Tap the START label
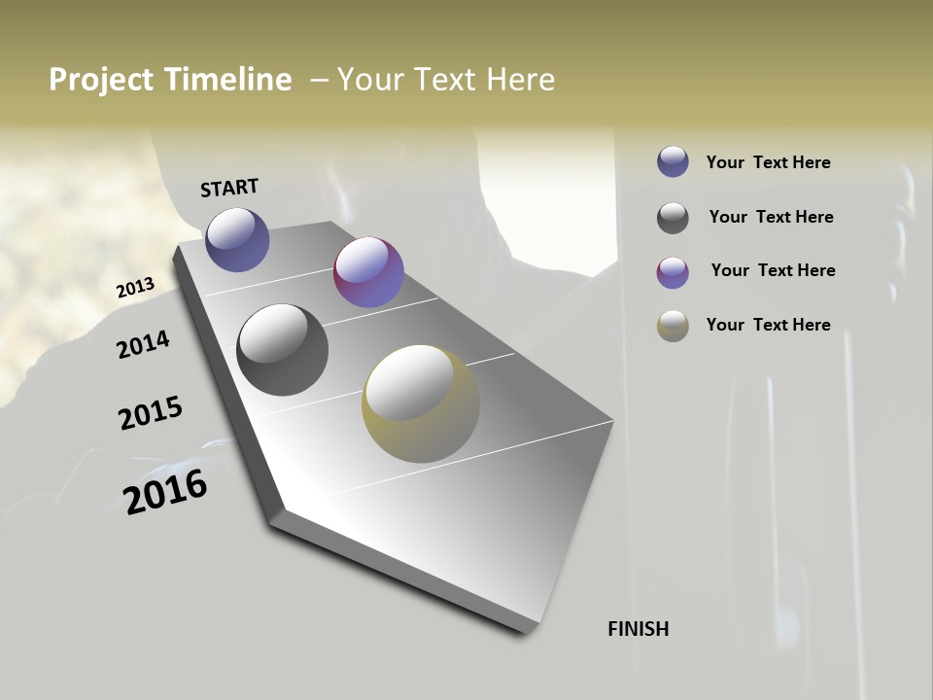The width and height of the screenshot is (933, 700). tap(229, 188)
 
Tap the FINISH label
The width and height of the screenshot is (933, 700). tap(638, 629)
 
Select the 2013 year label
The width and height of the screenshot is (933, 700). tap(135, 288)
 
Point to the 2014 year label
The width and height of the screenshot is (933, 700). tap(143, 344)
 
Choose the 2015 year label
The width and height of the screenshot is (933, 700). tap(151, 413)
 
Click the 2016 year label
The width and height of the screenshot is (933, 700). tap(165, 492)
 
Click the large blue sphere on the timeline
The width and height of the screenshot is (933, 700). tap(237, 239)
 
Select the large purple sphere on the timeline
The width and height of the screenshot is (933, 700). tap(368, 272)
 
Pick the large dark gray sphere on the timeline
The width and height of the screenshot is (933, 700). tap(282, 350)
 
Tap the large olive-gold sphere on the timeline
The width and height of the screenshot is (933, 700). tap(421, 403)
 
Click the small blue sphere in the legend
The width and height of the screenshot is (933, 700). tap(673, 162)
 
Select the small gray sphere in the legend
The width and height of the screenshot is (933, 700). tap(673, 218)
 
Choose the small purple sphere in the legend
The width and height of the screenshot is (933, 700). tap(673, 272)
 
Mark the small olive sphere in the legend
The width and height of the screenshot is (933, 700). tap(673, 326)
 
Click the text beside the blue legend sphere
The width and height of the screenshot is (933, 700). tap(768, 162)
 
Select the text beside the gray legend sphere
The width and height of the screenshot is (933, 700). tap(771, 217)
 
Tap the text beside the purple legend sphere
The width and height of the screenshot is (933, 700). tap(773, 270)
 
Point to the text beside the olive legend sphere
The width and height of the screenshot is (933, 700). tap(768, 325)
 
